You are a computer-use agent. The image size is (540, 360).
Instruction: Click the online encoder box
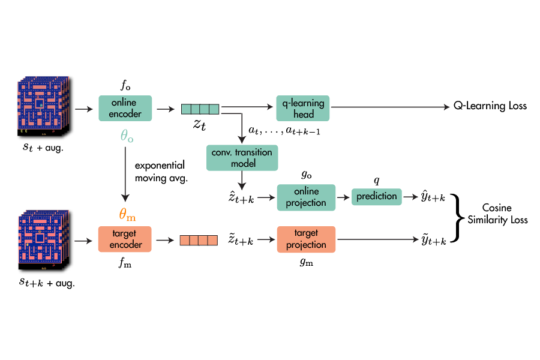pyautogui.click(x=125, y=109)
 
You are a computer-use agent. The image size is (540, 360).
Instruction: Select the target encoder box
pyautogui.click(x=125, y=240)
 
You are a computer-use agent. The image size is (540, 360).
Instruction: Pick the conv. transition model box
pyautogui.click(x=242, y=157)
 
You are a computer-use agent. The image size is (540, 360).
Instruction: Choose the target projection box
pyautogui.click(x=306, y=240)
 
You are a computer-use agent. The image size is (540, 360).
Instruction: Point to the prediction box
pyautogui.click(x=377, y=196)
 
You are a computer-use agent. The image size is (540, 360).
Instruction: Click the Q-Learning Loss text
pyautogui.click(x=490, y=106)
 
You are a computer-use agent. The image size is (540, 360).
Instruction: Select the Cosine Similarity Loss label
pyautogui.click(x=497, y=214)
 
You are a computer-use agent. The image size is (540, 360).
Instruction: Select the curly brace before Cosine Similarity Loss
pyautogui.click(x=460, y=218)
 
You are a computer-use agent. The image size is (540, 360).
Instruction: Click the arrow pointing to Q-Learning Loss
pyautogui.click(x=390, y=107)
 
